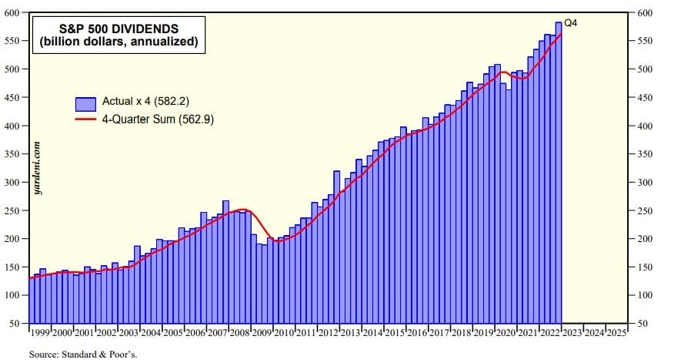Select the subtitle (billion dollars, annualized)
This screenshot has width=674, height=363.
click(x=118, y=42)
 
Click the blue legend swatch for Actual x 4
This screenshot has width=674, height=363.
click(x=85, y=102)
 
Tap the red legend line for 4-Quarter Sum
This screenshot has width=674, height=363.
click(x=85, y=120)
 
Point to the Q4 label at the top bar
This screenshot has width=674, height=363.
click(x=571, y=23)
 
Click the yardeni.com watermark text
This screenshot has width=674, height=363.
click(x=37, y=169)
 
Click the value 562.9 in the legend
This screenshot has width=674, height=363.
click(x=190, y=120)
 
